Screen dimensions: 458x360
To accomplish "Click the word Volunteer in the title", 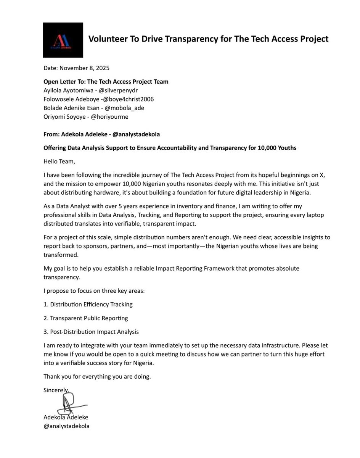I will click(108, 39).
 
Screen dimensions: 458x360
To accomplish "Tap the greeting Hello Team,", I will click(59, 162).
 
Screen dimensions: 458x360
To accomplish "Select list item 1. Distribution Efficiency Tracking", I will click(88, 304).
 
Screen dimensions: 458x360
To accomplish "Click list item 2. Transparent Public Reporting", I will click(86, 318).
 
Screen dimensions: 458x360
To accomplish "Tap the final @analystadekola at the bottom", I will click(66, 426).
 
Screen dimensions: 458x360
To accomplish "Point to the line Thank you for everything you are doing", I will click(97, 377).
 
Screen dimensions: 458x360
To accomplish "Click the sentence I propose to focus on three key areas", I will click(94, 291).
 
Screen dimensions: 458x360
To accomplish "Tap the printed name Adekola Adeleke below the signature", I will click(66, 417).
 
